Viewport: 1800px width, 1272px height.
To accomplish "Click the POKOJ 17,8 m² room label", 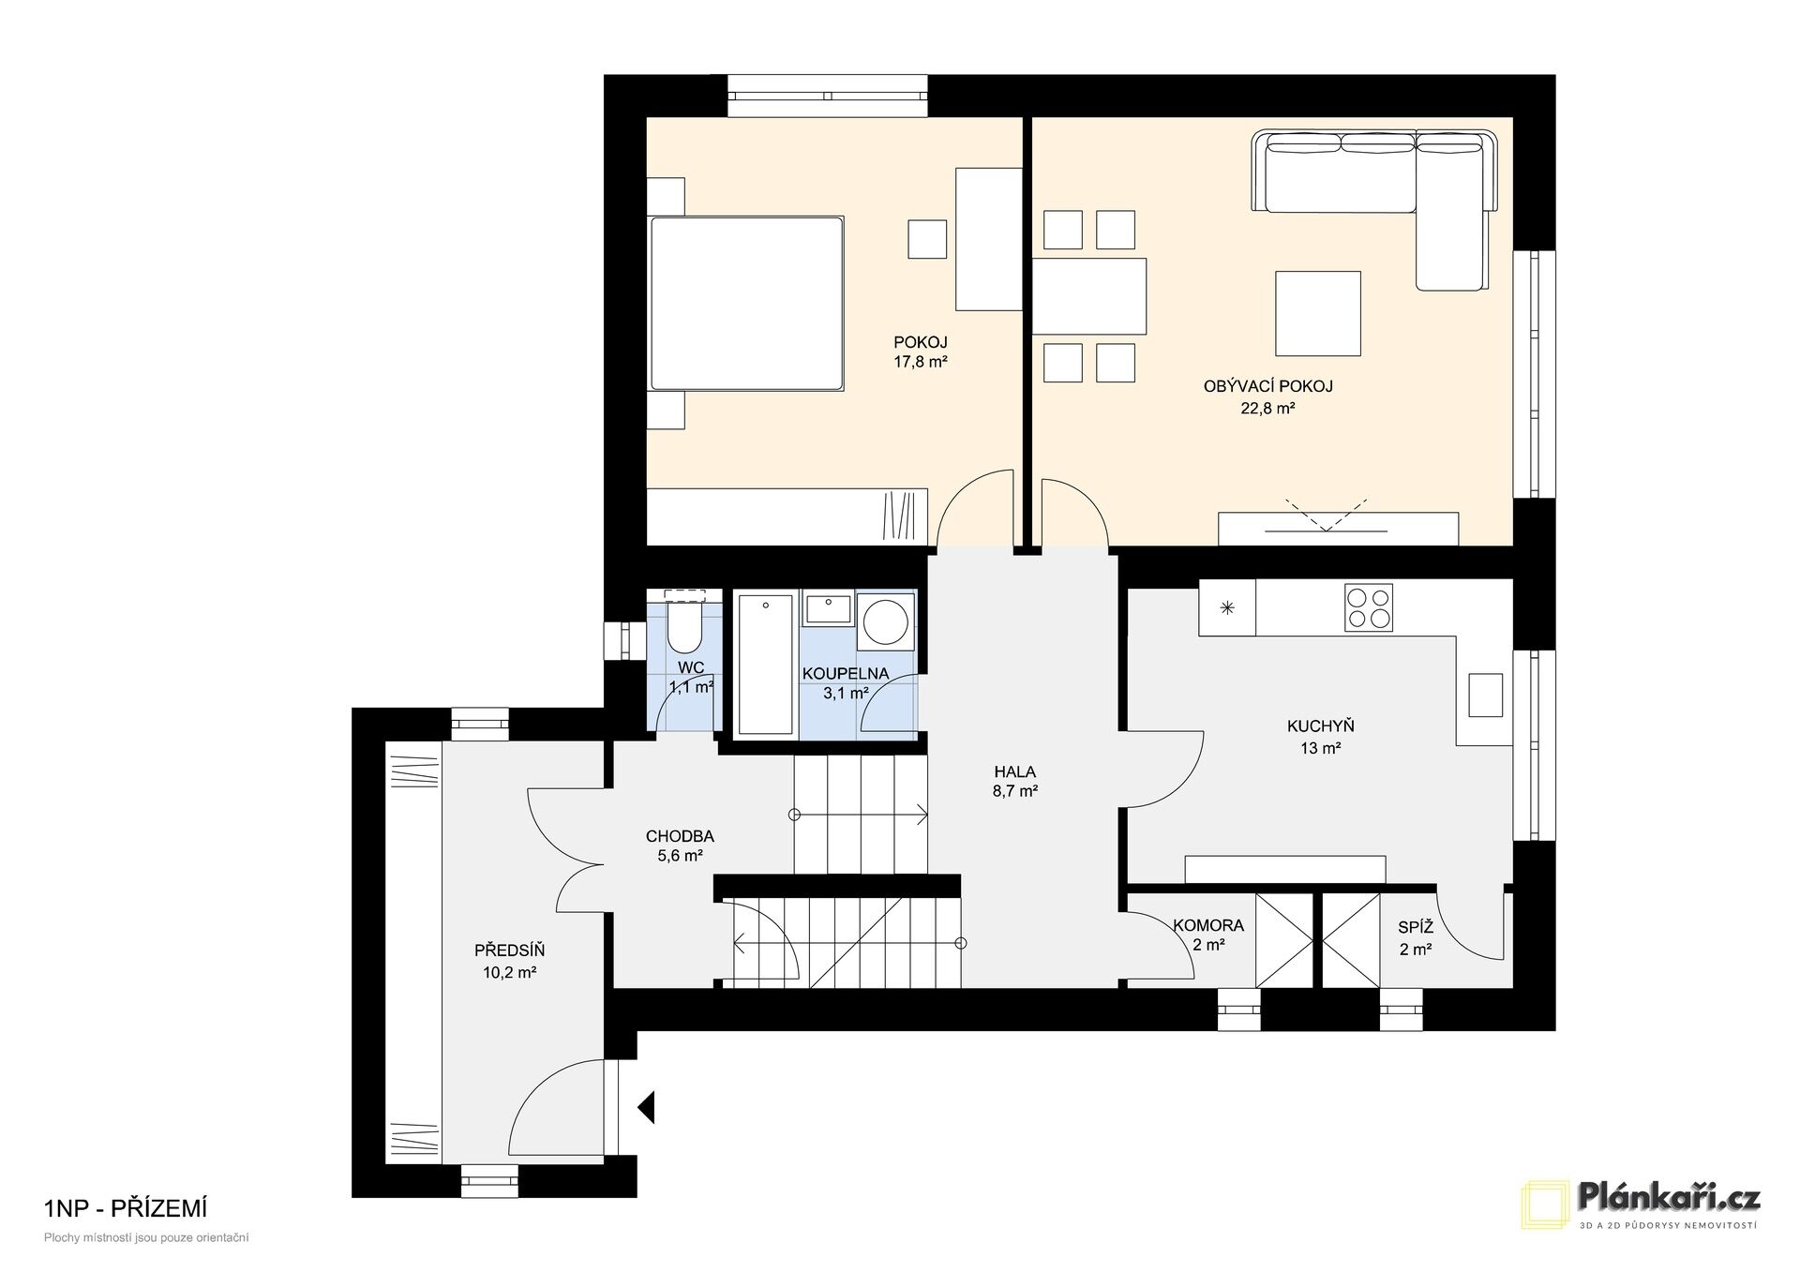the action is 920,352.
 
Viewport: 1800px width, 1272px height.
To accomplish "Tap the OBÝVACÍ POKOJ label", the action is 1267,386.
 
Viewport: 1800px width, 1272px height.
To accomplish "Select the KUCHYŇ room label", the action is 1320,726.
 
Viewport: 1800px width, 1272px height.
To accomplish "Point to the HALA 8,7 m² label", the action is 1014,782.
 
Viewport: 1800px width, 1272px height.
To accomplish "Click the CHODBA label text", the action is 680,837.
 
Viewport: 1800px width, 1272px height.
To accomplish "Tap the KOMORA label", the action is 1208,926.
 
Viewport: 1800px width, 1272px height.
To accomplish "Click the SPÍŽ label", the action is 1416,928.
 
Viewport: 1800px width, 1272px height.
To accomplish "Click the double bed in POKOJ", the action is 746,303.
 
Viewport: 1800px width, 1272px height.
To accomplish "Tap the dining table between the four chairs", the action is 1089,296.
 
